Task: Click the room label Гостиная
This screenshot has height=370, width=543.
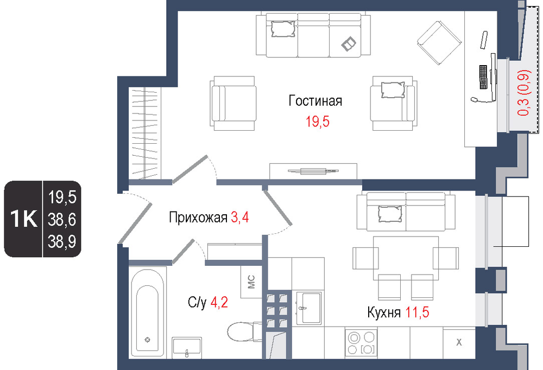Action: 315,101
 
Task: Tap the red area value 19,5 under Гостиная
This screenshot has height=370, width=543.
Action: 317,122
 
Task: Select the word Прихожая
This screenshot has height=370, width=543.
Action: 198,218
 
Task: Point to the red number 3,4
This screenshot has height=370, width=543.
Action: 239,218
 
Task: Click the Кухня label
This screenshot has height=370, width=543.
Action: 384,312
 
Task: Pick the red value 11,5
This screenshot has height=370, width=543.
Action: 417,312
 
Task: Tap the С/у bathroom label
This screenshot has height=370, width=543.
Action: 197,303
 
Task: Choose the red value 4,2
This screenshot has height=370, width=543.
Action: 219,303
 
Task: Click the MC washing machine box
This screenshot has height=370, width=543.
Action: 251,282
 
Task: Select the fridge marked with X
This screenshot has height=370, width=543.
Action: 459,342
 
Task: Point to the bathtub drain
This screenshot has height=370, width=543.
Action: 148,340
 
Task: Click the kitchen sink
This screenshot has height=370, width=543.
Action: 308,308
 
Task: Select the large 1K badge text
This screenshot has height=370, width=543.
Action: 23,219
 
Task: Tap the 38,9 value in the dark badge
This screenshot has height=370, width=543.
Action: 62,241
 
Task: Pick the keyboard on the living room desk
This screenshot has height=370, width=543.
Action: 483,76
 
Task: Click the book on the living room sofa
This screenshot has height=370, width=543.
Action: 349,43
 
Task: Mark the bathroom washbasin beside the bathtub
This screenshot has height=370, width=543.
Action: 187,347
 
